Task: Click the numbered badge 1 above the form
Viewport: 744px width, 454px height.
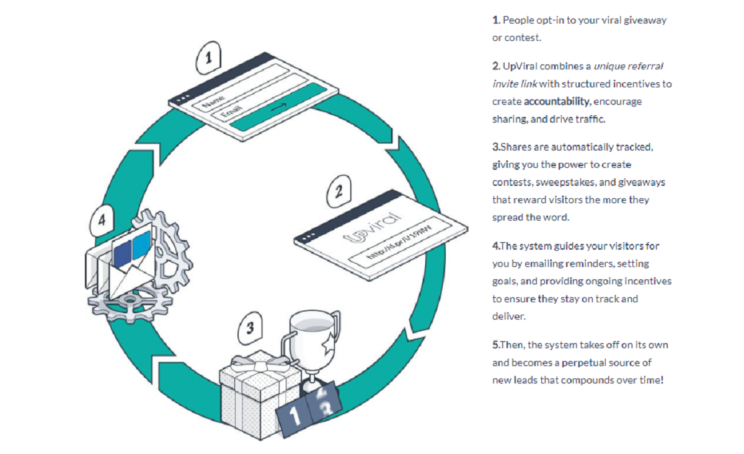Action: point(209,58)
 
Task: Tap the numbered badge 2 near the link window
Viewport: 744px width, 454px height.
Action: point(339,191)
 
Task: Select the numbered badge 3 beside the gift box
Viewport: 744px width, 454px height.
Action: point(250,328)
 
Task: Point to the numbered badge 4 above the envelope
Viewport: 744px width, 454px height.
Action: point(102,219)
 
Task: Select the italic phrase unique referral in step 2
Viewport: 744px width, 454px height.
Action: point(629,66)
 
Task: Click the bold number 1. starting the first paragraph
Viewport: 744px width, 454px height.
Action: point(496,20)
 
